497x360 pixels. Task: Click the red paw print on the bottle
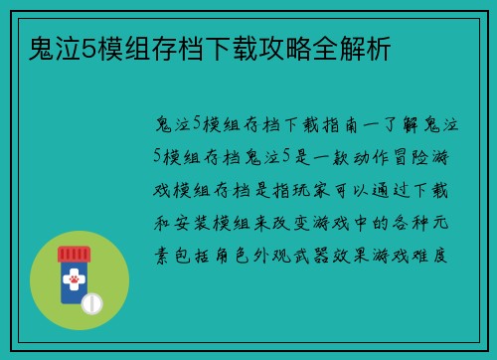click(74, 282)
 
